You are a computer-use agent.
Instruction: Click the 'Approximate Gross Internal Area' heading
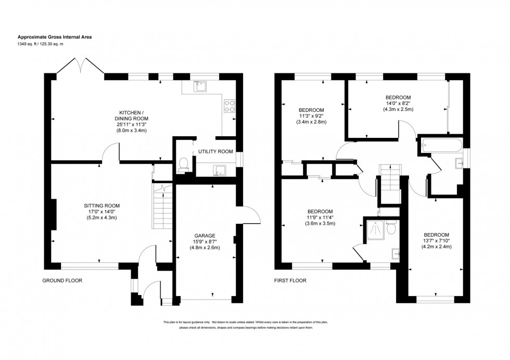(55, 37)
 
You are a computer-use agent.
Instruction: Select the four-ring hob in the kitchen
(229, 106)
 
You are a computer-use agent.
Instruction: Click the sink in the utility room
(219, 169)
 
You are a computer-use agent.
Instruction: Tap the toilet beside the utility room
(183, 165)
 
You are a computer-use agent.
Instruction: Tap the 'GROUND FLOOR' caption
(62, 280)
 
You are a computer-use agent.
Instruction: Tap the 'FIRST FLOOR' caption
(290, 280)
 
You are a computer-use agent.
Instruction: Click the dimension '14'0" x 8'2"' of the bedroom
(398, 104)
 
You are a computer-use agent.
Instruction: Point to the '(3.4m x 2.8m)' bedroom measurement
(311, 122)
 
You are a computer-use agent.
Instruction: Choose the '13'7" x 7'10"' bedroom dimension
(437, 240)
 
